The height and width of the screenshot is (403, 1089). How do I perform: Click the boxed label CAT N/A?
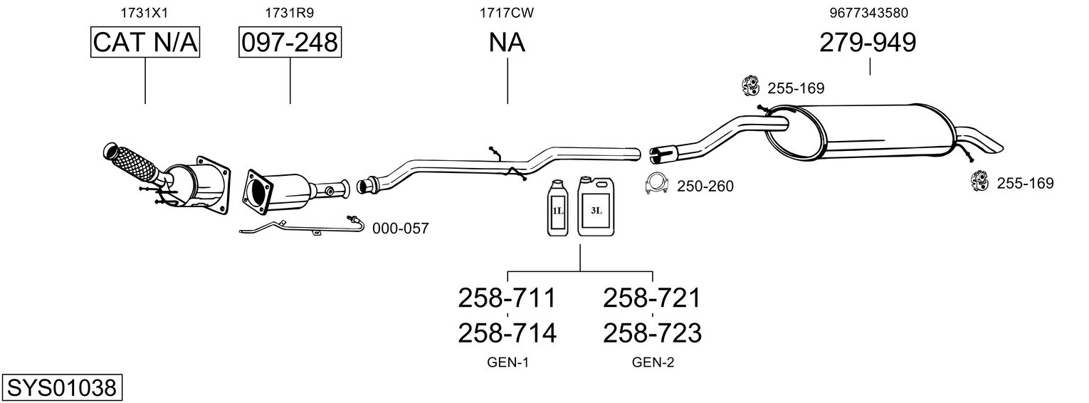(145, 42)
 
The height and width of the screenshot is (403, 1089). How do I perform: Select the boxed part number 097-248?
(290, 42)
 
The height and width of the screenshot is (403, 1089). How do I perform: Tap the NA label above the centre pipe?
(507, 42)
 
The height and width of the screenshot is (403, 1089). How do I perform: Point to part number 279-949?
(868, 42)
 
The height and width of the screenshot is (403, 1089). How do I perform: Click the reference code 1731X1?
(144, 13)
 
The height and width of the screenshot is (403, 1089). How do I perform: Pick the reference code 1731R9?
(290, 13)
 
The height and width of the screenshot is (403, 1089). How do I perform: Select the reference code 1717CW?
(507, 13)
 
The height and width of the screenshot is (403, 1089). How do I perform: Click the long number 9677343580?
(869, 13)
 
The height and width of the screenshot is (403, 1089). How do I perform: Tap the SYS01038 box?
(62, 388)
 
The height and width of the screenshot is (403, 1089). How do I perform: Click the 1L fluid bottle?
(557, 208)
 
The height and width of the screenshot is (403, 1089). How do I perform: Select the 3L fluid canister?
(596, 206)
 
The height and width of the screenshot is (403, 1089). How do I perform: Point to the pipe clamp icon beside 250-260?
(656, 184)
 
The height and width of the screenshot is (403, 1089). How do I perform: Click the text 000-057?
(401, 229)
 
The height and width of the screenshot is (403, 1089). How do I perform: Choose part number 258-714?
(507, 333)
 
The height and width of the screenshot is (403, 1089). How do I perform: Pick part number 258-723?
(653, 333)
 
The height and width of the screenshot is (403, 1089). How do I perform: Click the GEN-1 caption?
(507, 362)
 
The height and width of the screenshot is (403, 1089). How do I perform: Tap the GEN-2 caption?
(653, 362)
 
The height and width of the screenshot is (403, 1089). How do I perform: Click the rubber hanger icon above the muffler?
(751, 86)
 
